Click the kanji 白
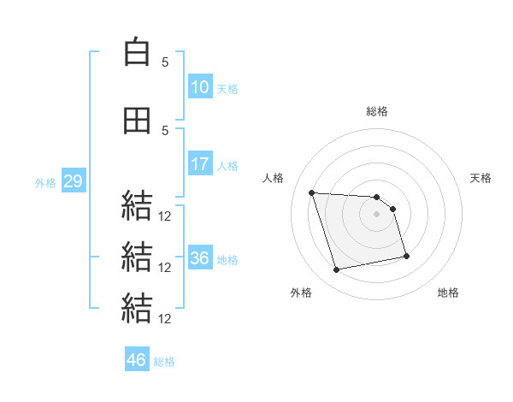[x=137, y=51]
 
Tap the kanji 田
[x=137, y=121]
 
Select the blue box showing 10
[x=200, y=86]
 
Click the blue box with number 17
[x=200, y=163]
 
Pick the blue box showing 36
[x=200, y=257]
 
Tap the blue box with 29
[x=74, y=180]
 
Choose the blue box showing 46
[x=137, y=358]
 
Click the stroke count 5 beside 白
[x=165, y=62]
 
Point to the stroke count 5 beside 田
[x=165, y=131]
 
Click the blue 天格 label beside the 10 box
[x=227, y=89]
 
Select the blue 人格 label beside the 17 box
[x=227, y=166]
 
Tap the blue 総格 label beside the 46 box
[x=164, y=362]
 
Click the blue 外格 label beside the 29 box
[x=45, y=183]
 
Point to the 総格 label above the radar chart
[x=377, y=111]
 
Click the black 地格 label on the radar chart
[x=448, y=293]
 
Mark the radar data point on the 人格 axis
[x=312, y=192]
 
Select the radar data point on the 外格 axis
[x=336, y=269]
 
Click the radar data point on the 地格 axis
[x=406, y=256]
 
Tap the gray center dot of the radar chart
[x=376, y=214]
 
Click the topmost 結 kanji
[x=137, y=205]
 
